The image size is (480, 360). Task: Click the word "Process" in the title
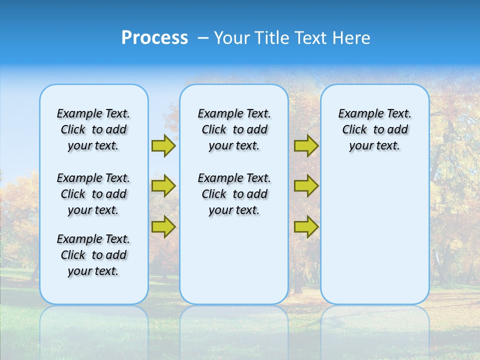click(x=154, y=38)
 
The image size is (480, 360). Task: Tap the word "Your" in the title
click(x=233, y=38)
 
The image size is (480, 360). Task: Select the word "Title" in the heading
click(x=273, y=38)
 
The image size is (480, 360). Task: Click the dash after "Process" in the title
click(x=203, y=39)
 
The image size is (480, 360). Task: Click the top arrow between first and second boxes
click(x=163, y=145)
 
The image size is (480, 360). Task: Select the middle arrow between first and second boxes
click(x=163, y=186)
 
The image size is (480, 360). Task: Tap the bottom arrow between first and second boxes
click(x=163, y=226)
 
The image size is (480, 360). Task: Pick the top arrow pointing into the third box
click(x=306, y=145)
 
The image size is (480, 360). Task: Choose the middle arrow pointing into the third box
click(x=306, y=186)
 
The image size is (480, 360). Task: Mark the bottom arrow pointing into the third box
click(x=306, y=226)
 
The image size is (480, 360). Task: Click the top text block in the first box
click(x=93, y=129)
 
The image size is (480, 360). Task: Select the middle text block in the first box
click(x=93, y=194)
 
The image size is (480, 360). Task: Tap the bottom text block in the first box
click(x=93, y=255)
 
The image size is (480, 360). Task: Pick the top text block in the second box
click(x=234, y=129)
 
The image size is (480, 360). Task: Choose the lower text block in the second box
click(x=234, y=194)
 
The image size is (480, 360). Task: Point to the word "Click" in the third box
click(x=354, y=130)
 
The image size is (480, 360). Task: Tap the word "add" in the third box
click(x=398, y=130)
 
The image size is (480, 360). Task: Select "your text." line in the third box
click(x=374, y=146)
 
